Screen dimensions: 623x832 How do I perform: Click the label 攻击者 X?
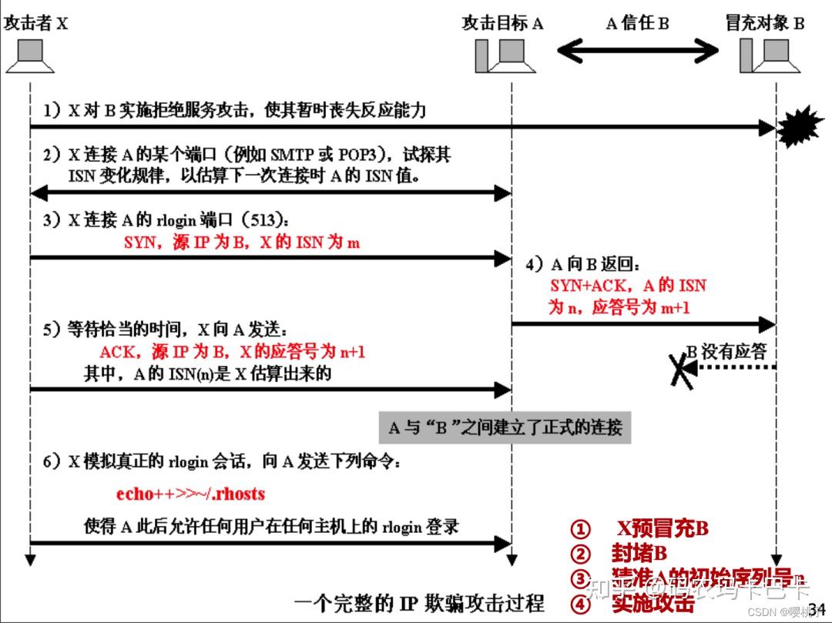pyautogui.click(x=36, y=23)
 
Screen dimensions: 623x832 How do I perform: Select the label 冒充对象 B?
pyautogui.click(x=764, y=23)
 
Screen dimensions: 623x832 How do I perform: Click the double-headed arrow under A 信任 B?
pyautogui.click(x=637, y=52)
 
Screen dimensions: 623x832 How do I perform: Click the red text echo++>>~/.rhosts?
pyautogui.click(x=190, y=494)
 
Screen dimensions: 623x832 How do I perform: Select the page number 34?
pyautogui.click(x=817, y=609)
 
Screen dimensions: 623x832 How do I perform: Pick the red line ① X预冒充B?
pyautogui.click(x=639, y=529)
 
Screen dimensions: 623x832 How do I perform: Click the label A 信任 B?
pyautogui.click(x=637, y=23)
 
